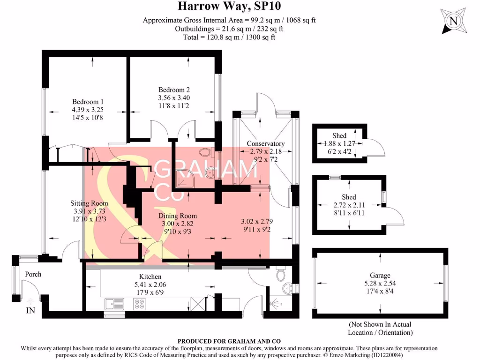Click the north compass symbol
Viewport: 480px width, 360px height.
[x=453, y=21]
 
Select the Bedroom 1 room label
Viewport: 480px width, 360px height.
[x=88, y=102]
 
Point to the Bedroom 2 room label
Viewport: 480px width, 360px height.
[x=174, y=90]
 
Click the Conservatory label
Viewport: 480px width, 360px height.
[x=266, y=143]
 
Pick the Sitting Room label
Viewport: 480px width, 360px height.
[x=89, y=203]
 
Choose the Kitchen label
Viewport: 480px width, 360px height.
[x=150, y=277]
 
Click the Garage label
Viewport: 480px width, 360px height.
[x=380, y=276]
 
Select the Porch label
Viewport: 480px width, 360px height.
[x=33, y=274]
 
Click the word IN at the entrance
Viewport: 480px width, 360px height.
[x=30, y=310]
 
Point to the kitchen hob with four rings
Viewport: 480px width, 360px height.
[x=139, y=304]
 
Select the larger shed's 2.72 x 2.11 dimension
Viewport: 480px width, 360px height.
[x=349, y=205]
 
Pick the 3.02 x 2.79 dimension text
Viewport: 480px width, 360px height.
[x=256, y=221]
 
